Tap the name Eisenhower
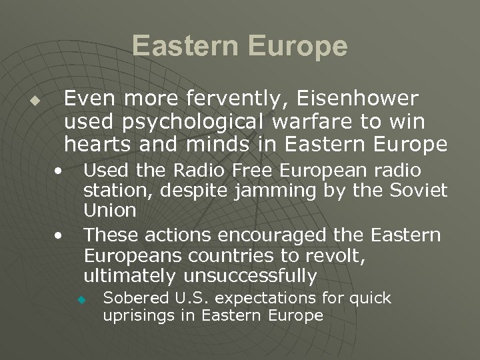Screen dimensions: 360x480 (361, 99)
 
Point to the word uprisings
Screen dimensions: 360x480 (139, 315)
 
